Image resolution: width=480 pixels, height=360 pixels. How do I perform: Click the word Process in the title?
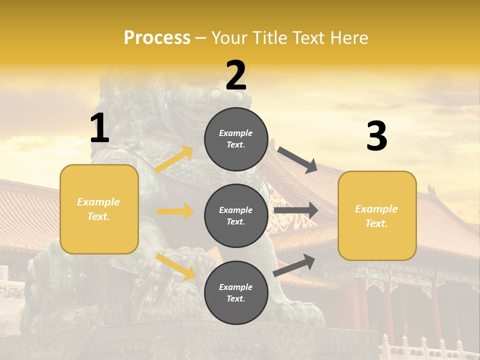coord(157,38)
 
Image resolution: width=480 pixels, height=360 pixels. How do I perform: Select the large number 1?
coord(99,129)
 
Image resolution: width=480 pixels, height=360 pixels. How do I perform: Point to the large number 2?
coord(236,75)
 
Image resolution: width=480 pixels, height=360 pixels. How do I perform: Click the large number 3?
coord(376,136)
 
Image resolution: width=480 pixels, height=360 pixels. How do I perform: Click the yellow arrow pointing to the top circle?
coord(174,159)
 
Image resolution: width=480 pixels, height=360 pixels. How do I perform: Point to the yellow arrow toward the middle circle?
coord(175,211)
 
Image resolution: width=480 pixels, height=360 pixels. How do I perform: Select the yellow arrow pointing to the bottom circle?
coord(175,266)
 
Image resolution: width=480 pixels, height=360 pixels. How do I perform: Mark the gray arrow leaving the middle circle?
coord(296,210)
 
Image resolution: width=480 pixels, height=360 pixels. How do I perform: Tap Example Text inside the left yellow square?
coord(98,209)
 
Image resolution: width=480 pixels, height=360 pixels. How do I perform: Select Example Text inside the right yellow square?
coord(376,216)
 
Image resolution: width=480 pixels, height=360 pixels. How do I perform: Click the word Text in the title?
coord(308,38)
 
